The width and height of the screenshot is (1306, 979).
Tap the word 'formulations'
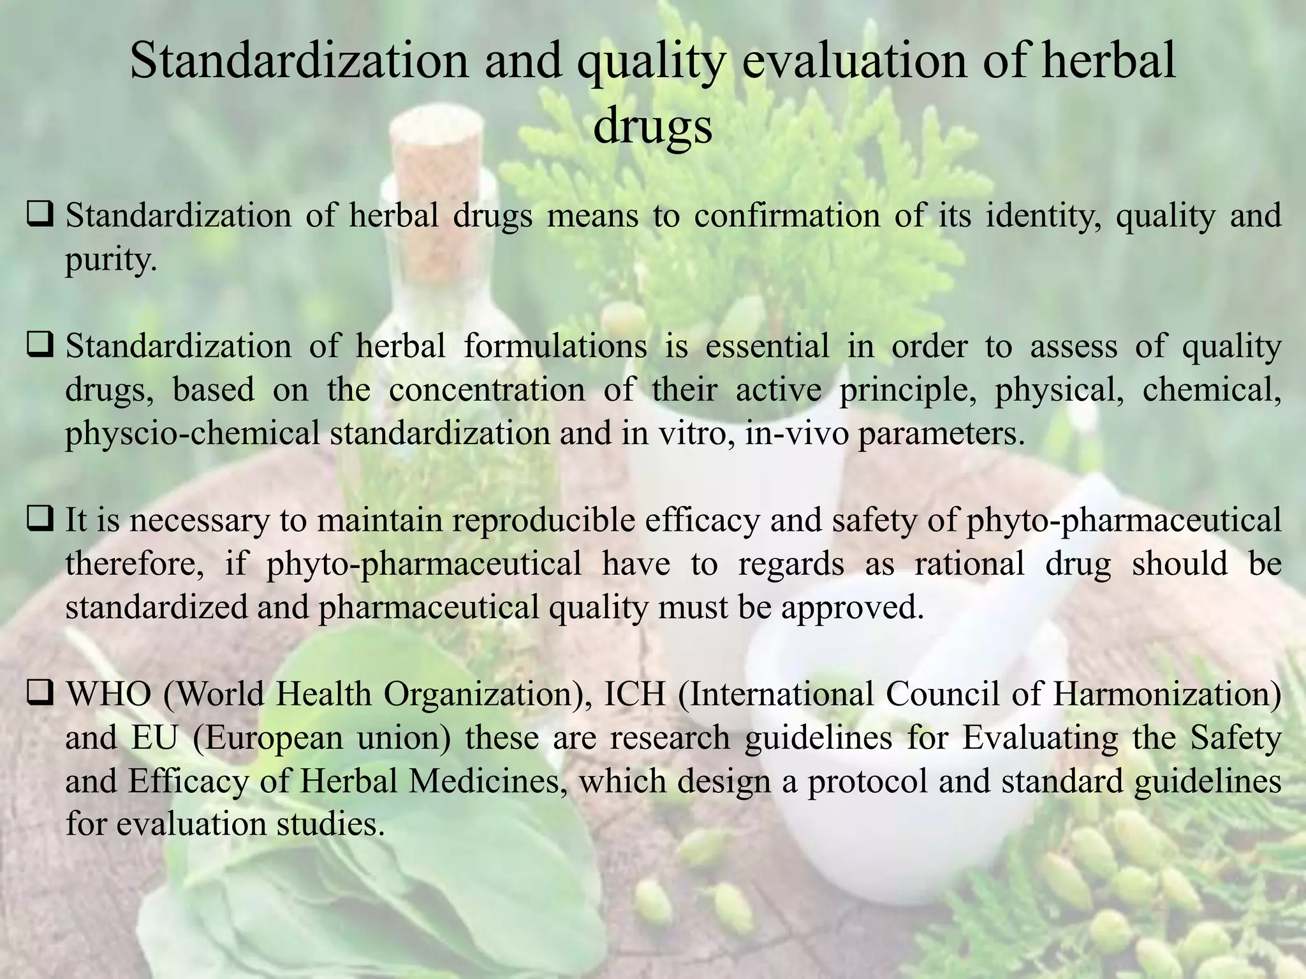555,347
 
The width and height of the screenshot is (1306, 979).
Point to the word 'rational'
969,564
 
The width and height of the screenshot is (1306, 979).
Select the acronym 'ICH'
635,694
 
